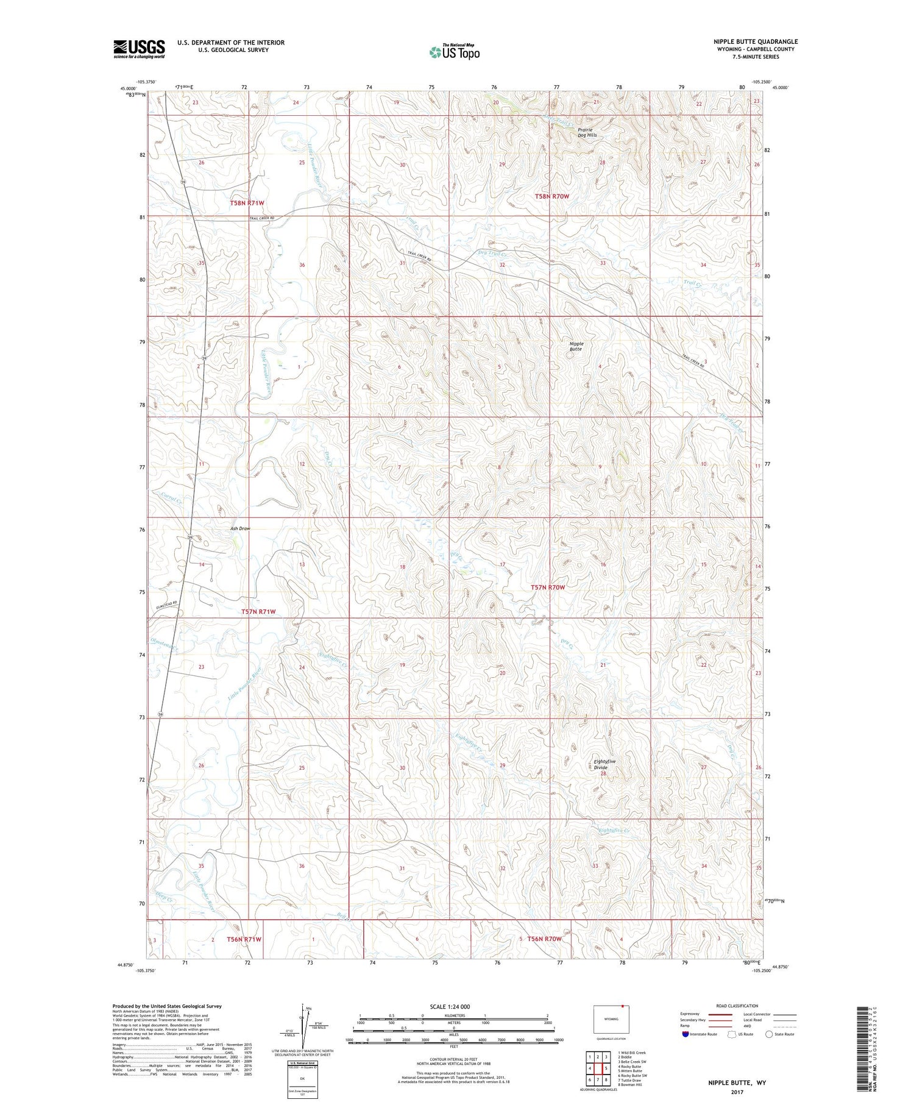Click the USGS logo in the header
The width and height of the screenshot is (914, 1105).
pos(139,49)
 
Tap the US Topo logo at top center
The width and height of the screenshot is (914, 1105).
pos(454,52)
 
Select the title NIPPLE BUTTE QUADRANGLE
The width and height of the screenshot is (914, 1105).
pos(756,41)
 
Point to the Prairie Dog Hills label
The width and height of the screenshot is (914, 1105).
pos(587,132)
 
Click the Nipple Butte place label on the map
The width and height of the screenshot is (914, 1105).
pos(576,346)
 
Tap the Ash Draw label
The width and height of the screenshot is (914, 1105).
pos(240,528)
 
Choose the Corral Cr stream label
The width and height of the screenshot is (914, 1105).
pos(172,499)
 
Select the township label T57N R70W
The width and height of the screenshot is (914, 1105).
pos(547,588)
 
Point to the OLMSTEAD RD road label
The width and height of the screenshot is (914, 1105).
pos(166,604)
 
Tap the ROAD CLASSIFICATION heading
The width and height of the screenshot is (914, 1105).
pos(737,1006)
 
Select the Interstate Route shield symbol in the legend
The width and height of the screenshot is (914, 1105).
pos(685,1034)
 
